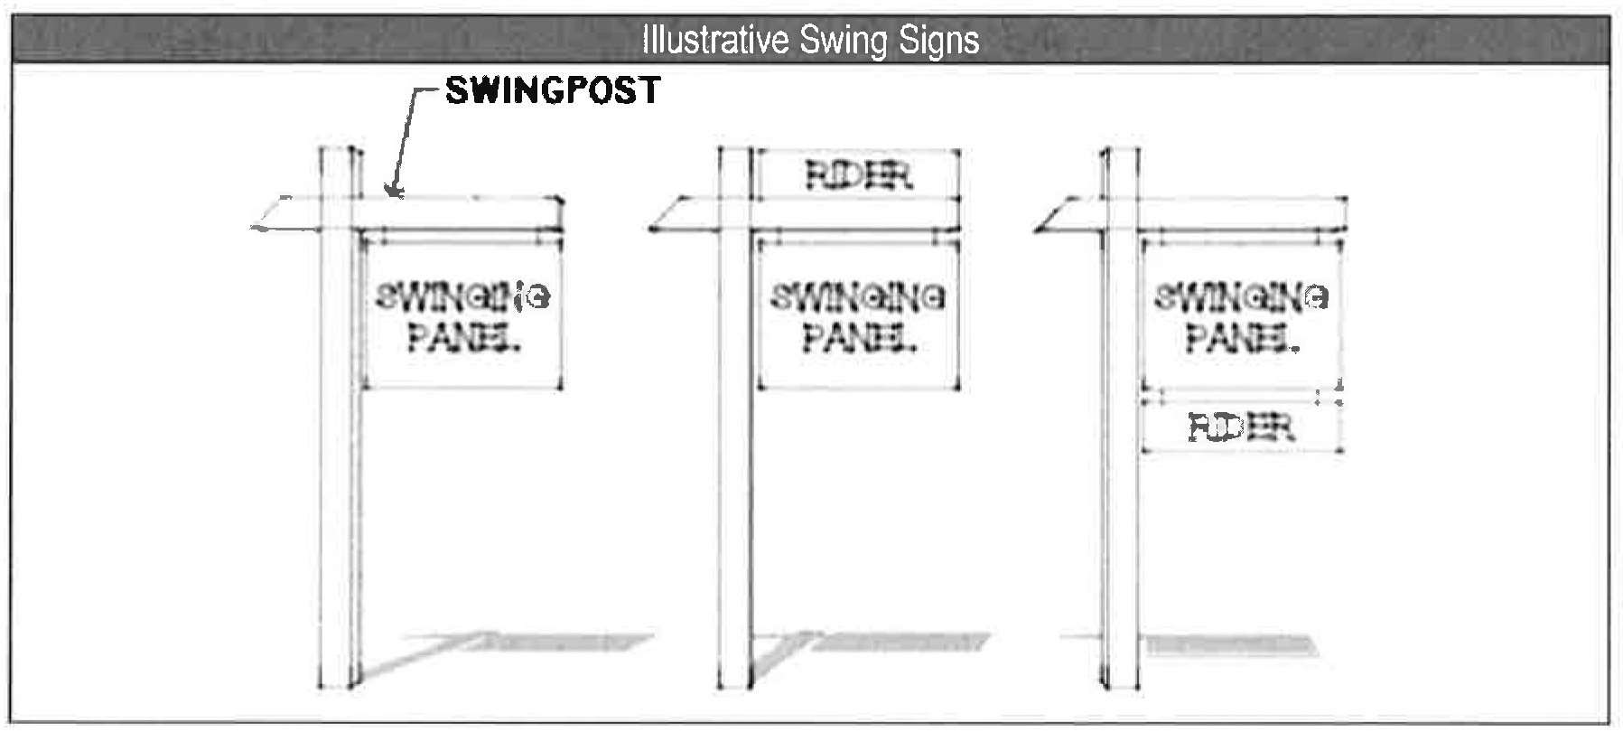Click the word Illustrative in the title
pos(714,40)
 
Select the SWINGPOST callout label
pos(553,90)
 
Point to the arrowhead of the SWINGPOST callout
pos(392,190)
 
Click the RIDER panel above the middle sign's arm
pos(858,174)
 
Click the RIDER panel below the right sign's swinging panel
pos(1241,427)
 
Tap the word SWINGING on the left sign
pos(462,296)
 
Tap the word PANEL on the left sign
pos(463,338)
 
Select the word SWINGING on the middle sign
pos(857,296)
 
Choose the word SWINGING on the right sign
pos(1241,296)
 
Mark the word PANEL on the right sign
pos(1242,338)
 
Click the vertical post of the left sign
pos(340,452)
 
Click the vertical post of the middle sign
pos(735,452)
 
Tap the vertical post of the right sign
pos(1121,452)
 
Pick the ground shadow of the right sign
pos(1228,644)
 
